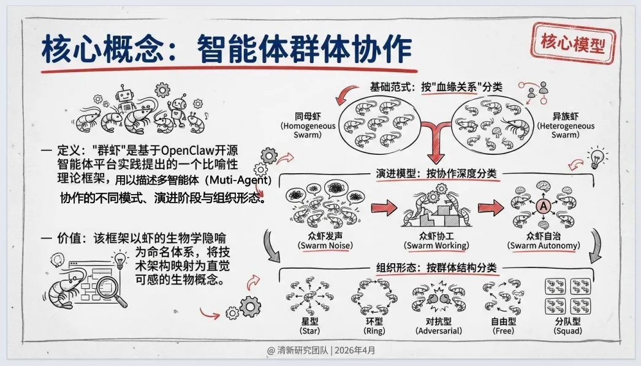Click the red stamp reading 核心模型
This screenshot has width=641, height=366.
click(x=572, y=43)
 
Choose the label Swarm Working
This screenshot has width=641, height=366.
click(x=436, y=246)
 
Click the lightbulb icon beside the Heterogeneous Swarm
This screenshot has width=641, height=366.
click(x=594, y=157)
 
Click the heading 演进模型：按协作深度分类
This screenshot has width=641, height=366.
click(x=437, y=174)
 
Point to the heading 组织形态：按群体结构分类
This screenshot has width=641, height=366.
click(x=436, y=267)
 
